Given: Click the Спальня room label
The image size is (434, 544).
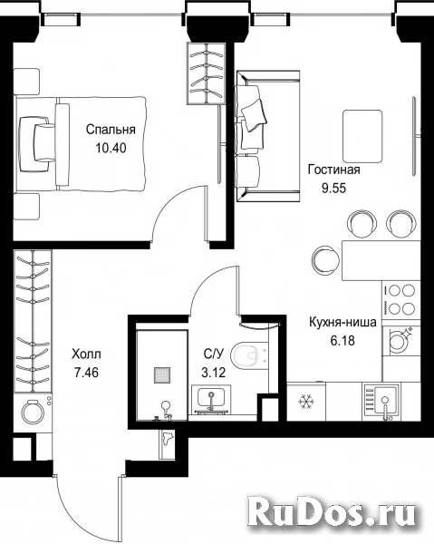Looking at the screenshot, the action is pos(111,130).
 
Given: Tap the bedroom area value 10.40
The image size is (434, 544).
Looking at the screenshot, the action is pos(111,149).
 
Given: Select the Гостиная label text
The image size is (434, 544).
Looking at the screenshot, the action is pos(334,170).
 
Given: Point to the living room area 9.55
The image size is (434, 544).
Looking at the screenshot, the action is pos(334,189).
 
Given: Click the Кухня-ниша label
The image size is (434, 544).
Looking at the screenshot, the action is pos(342,322).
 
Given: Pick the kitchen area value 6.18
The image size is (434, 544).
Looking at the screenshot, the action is pos(342,341).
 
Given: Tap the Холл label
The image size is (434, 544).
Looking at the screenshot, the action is pos(86,355).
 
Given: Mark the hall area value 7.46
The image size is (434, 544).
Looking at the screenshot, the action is pos(86,373).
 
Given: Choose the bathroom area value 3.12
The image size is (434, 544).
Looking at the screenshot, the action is pos(214,373).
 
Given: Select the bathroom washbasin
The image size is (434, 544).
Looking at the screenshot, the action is pos(211,400).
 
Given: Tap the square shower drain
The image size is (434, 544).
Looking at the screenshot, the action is pos(162,375).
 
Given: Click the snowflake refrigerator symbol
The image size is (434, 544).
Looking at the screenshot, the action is pos(306,402).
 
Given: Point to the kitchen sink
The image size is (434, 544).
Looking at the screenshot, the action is pos(381,402).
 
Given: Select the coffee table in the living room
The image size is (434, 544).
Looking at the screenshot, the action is pos(362,136).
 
